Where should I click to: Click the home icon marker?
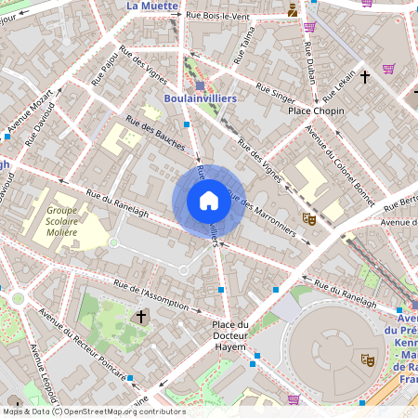pyautogui.click(x=208, y=201)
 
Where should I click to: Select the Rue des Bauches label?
pyautogui.click(x=155, y=137)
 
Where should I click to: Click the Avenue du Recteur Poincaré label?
pyautogui.click(x=83, y=346)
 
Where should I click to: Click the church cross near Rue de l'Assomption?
pyautogui.click(x=141, y=317)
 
